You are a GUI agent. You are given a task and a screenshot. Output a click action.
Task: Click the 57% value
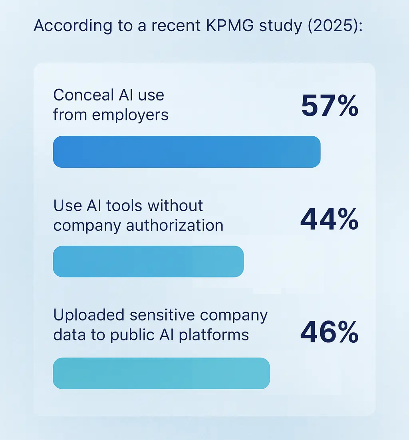pos(330,106)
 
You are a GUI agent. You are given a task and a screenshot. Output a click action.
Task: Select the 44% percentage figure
pos(329,220)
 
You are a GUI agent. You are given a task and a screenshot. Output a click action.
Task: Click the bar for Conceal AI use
pos(187,152)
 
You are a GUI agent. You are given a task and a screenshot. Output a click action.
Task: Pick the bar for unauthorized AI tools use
pos(148,261)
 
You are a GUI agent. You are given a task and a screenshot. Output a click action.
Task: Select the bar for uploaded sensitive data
pos(161,373)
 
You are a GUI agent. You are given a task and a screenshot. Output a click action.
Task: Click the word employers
pos(130,115)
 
